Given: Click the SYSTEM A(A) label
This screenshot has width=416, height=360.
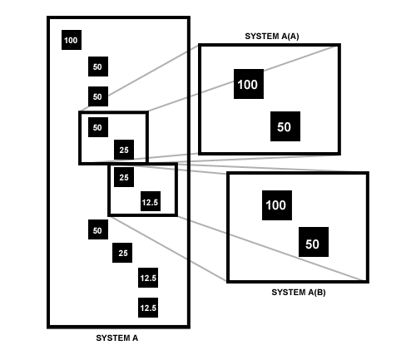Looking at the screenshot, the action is [272, 37].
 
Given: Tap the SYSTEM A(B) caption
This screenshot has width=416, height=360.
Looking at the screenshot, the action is [299, 293].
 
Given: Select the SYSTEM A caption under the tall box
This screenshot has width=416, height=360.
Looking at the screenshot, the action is [117, 338].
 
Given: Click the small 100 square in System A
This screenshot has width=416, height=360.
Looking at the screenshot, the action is [72, 40].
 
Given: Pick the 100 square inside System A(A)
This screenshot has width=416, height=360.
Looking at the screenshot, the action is [249, 84].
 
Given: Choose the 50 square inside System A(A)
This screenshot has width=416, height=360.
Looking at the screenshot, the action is [285, 126].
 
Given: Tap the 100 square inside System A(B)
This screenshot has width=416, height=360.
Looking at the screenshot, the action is [277, 205].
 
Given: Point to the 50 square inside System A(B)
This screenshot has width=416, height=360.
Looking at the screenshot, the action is [314, 242].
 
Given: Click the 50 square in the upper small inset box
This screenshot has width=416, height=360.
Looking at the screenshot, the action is [98, 127].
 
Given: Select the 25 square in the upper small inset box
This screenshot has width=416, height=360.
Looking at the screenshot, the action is [124, 150].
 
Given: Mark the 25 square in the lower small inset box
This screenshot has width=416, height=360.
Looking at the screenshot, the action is [124, 177].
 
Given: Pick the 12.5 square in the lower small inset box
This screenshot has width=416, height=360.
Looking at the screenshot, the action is [151, 201].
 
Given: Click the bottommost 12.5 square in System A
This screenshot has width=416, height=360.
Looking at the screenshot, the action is [148, 308].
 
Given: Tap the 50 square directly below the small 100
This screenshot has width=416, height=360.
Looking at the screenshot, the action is [98, 67].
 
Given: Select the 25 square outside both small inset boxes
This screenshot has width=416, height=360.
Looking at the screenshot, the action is [122, 253].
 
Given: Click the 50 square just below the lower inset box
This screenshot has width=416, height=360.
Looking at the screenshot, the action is [98, 229].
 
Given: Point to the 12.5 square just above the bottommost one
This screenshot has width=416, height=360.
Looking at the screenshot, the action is [148, 278].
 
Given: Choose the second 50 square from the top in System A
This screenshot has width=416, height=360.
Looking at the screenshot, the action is [98, 96].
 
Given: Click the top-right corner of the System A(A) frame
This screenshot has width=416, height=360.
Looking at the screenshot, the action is [339, 45].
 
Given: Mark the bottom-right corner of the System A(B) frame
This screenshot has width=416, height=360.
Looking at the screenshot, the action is [368, 282].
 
